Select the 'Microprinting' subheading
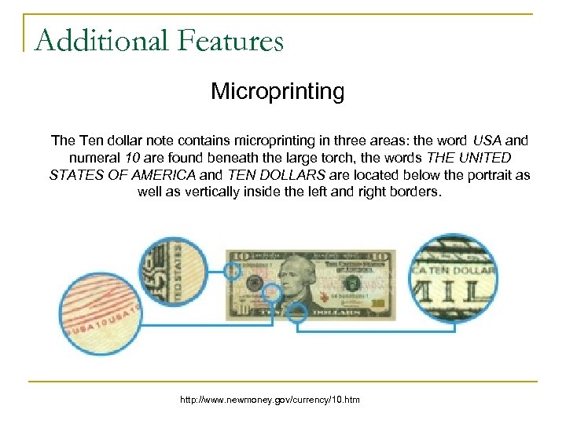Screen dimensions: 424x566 (277, 92)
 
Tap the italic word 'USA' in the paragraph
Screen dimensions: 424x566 (487, 141)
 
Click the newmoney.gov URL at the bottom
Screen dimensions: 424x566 (270, 400)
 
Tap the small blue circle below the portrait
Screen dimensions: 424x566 (298, 314)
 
